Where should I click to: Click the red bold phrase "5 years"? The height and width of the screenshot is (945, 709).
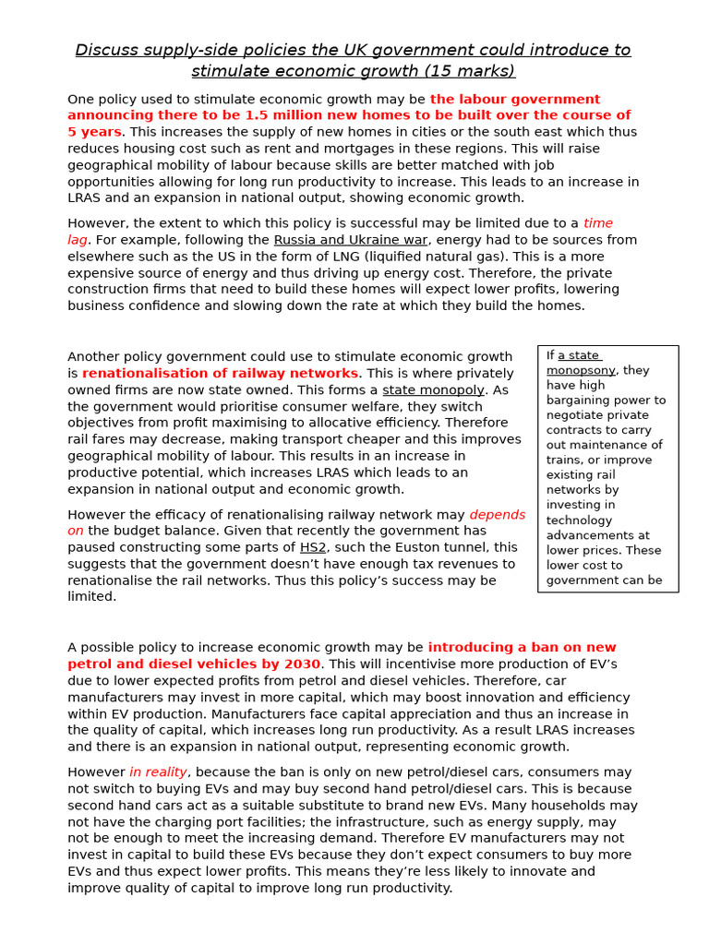94,132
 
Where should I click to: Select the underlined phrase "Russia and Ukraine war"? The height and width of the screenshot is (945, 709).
350,240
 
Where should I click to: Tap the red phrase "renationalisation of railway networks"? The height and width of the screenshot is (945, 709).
220,374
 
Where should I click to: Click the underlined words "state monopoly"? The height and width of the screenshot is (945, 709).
433,390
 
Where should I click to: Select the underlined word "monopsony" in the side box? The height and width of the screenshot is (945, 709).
581,370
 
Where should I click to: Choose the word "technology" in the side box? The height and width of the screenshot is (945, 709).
579,520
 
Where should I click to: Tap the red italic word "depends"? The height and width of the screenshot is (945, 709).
497,515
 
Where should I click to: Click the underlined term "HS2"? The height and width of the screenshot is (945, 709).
313,547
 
